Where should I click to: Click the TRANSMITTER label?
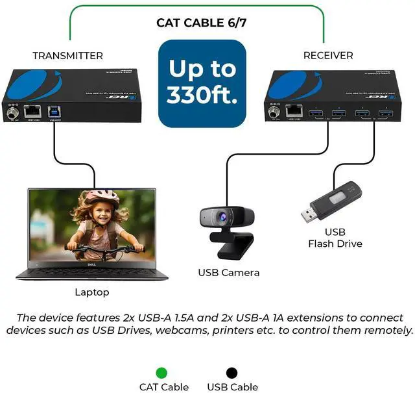[67, 56]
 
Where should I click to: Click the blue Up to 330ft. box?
[202, 82]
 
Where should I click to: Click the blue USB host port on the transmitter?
[54, 111]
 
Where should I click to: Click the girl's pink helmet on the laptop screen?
[102, 197]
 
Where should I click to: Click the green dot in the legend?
[161, 373]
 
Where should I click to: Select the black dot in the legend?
[231, 373]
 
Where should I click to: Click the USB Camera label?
[228, 273]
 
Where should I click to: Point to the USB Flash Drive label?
[335, 238]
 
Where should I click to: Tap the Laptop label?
[92, 292]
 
